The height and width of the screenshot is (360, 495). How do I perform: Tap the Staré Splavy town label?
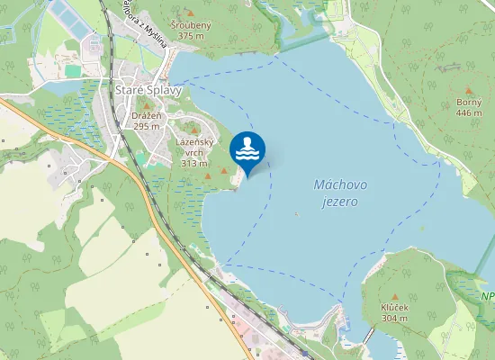148,91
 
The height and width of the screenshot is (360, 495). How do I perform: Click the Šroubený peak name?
191,25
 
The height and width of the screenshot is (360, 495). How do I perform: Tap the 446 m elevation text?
469,113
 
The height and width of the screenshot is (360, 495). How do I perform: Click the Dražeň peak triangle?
146,105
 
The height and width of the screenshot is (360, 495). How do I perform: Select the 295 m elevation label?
146,127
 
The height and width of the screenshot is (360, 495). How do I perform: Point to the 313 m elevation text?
194,164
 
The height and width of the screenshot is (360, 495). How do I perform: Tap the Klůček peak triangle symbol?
394,296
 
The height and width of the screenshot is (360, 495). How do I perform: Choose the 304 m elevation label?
394,319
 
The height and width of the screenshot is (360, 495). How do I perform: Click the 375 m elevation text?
191,36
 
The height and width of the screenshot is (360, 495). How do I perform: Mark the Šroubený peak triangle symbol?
191,13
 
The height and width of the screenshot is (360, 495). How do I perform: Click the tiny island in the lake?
296,213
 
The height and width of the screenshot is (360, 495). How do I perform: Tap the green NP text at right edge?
487,296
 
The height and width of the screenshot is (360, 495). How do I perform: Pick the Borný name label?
469,103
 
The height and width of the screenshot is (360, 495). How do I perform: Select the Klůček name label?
394,308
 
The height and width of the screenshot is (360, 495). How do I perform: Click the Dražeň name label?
146,116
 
